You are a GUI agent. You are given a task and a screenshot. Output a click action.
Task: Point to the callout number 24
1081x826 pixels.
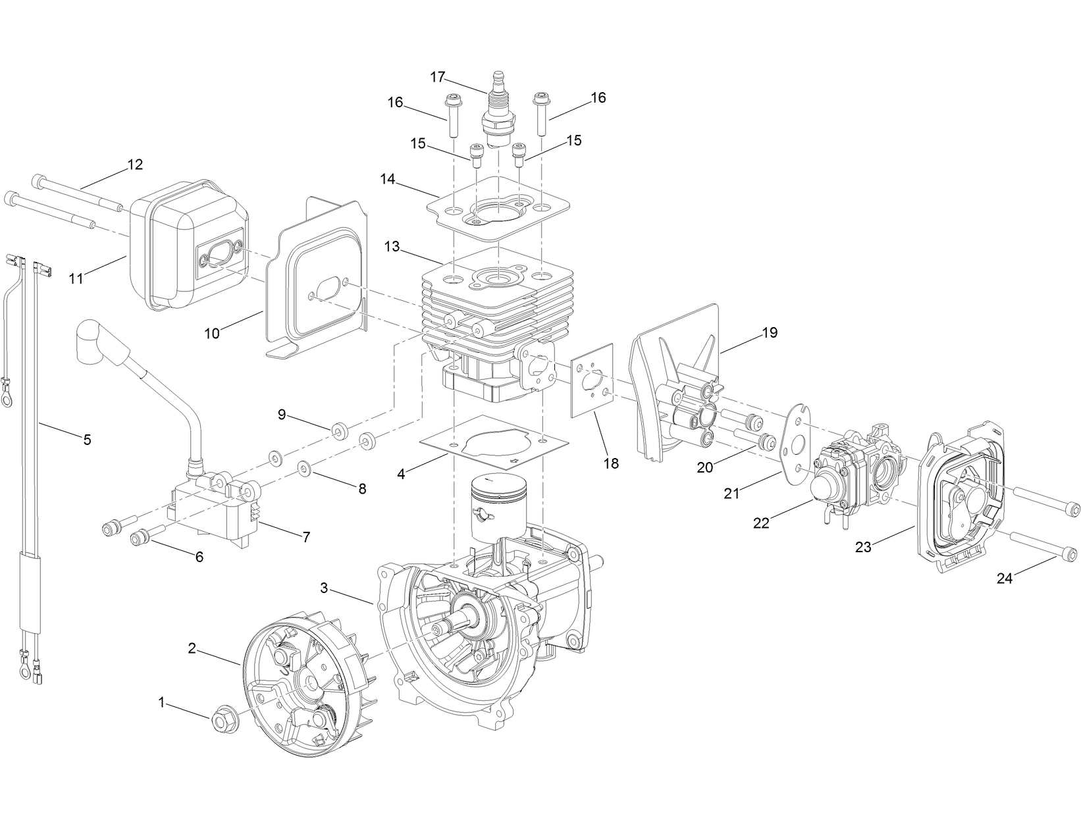(1004, 579)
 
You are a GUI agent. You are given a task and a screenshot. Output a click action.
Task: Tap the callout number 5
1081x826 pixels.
(87, 439)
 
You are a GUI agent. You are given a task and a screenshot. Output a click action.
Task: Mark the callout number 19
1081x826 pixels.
(770, 332)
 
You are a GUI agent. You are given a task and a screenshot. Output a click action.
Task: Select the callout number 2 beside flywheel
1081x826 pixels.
(192, 648)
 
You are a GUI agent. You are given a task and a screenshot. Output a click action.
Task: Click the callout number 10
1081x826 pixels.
(211, 333)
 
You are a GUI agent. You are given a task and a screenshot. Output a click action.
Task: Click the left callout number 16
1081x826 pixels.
(395, 102)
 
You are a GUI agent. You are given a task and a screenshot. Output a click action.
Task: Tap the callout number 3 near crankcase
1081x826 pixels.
(324, 588)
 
